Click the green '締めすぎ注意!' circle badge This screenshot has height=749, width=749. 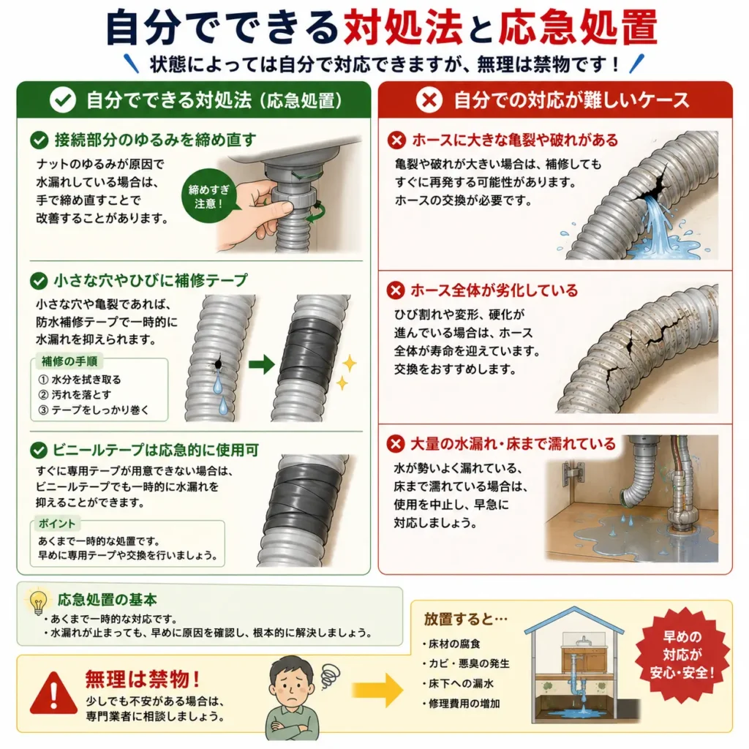coord(208,196)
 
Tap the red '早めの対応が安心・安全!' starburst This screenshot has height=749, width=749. coord(682,655)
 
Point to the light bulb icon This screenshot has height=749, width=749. coord(38,602)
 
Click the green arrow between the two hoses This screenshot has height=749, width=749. coord(262,365)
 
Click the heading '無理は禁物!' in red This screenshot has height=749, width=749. coord(142,679)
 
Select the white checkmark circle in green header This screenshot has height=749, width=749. coord(63,99)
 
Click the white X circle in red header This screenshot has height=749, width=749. coord(429,99)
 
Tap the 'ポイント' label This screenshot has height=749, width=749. coord(56,524)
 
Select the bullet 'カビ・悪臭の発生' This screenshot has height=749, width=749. coord(466,663)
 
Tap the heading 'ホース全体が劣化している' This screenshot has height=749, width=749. coord(494,290)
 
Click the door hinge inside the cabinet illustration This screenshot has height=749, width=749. coord(573,473)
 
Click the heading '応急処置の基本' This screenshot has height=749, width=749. coord(107,600)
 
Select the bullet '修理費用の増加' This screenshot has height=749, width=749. coord(461,704)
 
